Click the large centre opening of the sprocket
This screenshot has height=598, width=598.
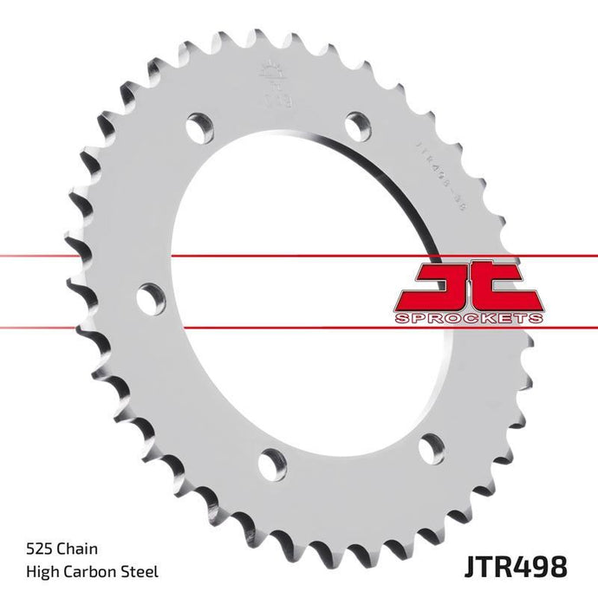coord(295,286)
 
